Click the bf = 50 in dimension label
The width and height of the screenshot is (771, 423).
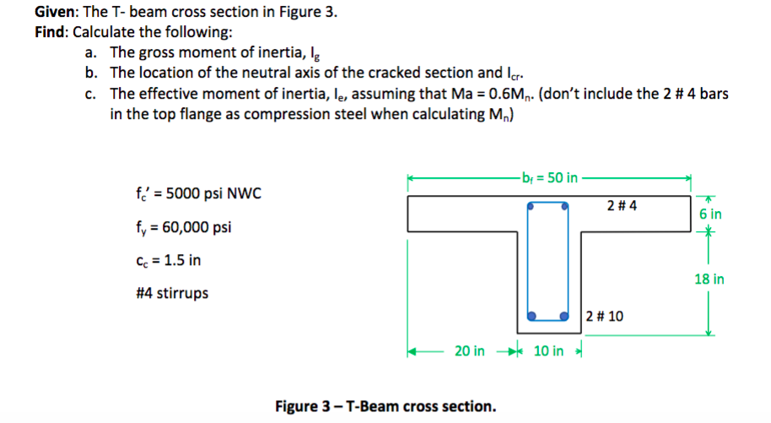(x=549, y=177)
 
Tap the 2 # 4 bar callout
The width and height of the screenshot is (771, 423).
(x=623, y=205)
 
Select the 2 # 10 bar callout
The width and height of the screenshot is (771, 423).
(x=606, y=317)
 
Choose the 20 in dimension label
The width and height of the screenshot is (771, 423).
(x=469, y=350)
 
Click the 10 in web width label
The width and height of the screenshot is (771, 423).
(x=548, y=350)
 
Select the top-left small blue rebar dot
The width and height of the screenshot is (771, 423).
(x=531, y=205)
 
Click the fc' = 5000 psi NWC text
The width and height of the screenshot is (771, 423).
(x=195, y=194)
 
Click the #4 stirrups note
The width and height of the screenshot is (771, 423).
(x=172, y=294)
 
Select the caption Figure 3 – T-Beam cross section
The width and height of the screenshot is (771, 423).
(x=385, y=406)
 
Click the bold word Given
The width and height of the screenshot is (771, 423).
(x=56, y=12)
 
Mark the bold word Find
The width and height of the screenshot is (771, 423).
(x=51, y=32)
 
